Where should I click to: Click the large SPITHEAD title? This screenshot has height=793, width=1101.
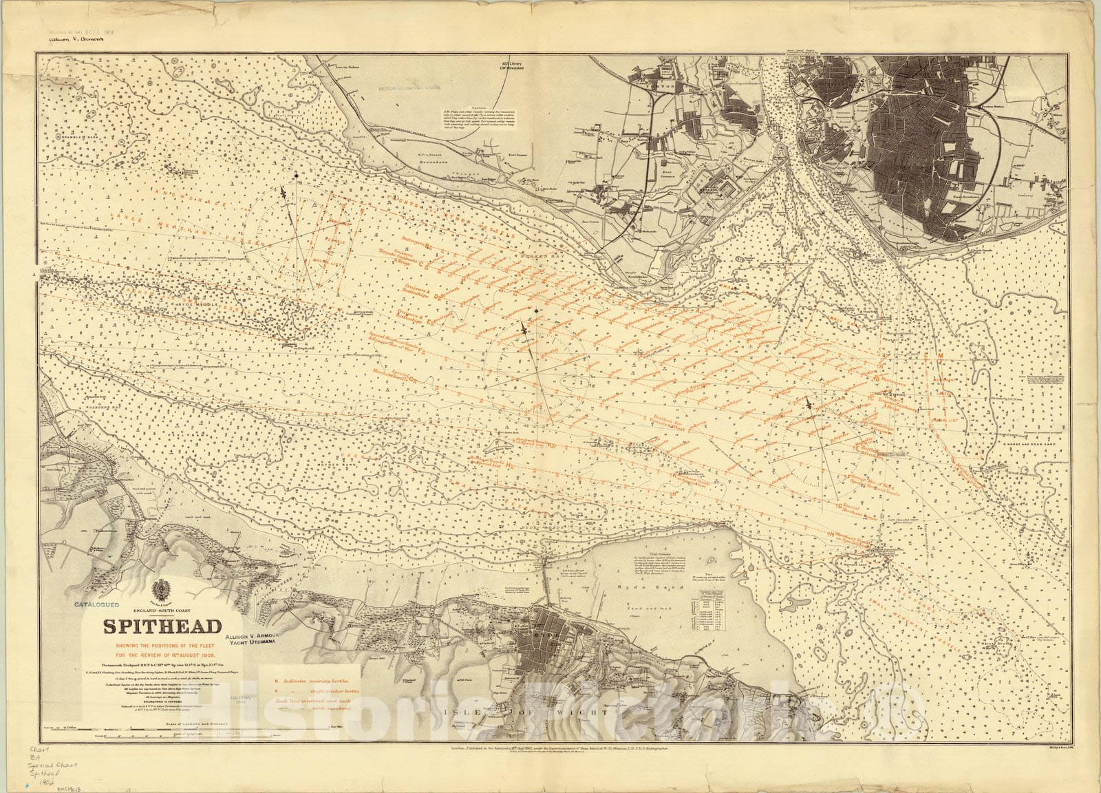coord(162,627)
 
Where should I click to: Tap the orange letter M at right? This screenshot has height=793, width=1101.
coord(939,356)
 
